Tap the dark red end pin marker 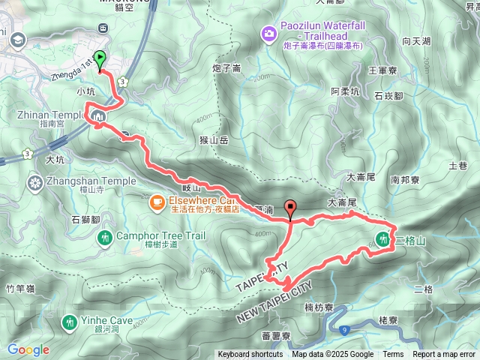[290, 211]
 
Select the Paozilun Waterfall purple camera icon [268, 33]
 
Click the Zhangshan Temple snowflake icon [34, 181]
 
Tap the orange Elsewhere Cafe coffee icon [157, 201]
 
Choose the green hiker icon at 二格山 [382, 240]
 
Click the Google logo [28, 349]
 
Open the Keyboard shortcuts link [250, 355]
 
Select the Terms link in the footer [393, 355]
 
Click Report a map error [445, 355]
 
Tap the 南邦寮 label [406, 180]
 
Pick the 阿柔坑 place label [346, 92]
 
